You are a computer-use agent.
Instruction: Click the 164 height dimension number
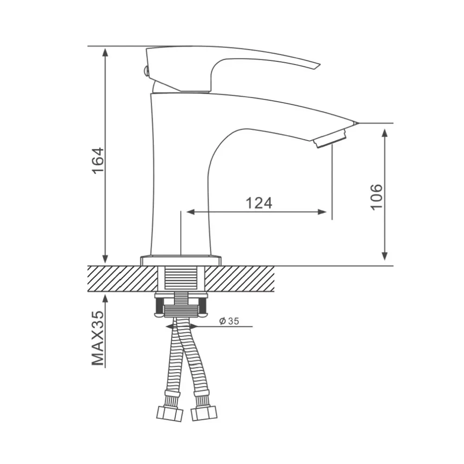pyautogui.click(x=98, y=161)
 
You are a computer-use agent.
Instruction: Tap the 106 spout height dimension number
pyautogui.click(x=377, y=197)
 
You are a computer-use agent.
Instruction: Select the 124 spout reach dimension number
pyautogui.click(x=259, y=203)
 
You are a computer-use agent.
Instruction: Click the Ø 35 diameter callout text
pyautogui.click(x=229, y=321)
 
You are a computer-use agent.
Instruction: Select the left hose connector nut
pyautogui.click(x=169, y=413)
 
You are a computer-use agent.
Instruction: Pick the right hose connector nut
pyautogui.click(x=204, y=412)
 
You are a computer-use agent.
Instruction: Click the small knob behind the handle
pyautogui.click(x=145, y=71)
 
